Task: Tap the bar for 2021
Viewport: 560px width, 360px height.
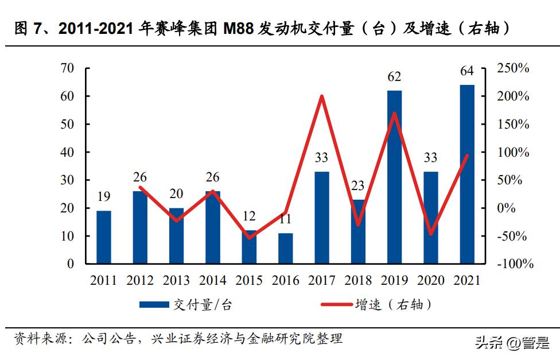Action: (467, 174)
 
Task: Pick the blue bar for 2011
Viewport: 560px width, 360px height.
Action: (104, 237)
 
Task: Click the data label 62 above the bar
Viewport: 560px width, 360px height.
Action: (394, 77)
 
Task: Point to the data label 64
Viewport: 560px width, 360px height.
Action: (467, 71)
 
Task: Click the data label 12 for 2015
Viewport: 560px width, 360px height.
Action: (249, 217)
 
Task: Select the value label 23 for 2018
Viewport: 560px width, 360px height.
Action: (358, 186)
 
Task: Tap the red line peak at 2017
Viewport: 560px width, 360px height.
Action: (322, 96)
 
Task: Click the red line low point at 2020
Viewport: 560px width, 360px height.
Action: (431, 234)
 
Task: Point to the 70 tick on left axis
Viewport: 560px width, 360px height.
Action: (67, 68)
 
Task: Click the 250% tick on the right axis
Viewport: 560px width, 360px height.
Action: (512, 68)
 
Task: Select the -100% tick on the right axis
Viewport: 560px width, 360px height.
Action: (514, 264)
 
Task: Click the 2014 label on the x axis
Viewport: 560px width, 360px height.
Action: (212, 281)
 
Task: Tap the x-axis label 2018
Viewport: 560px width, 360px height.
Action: (358, 281)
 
